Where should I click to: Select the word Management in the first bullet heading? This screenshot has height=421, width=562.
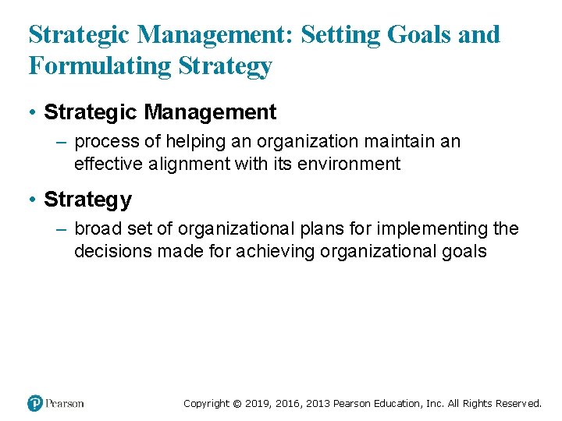click(210, 112)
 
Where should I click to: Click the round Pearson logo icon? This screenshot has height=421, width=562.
click(35, 403)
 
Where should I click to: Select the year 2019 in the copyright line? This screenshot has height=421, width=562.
click(257, 403)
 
